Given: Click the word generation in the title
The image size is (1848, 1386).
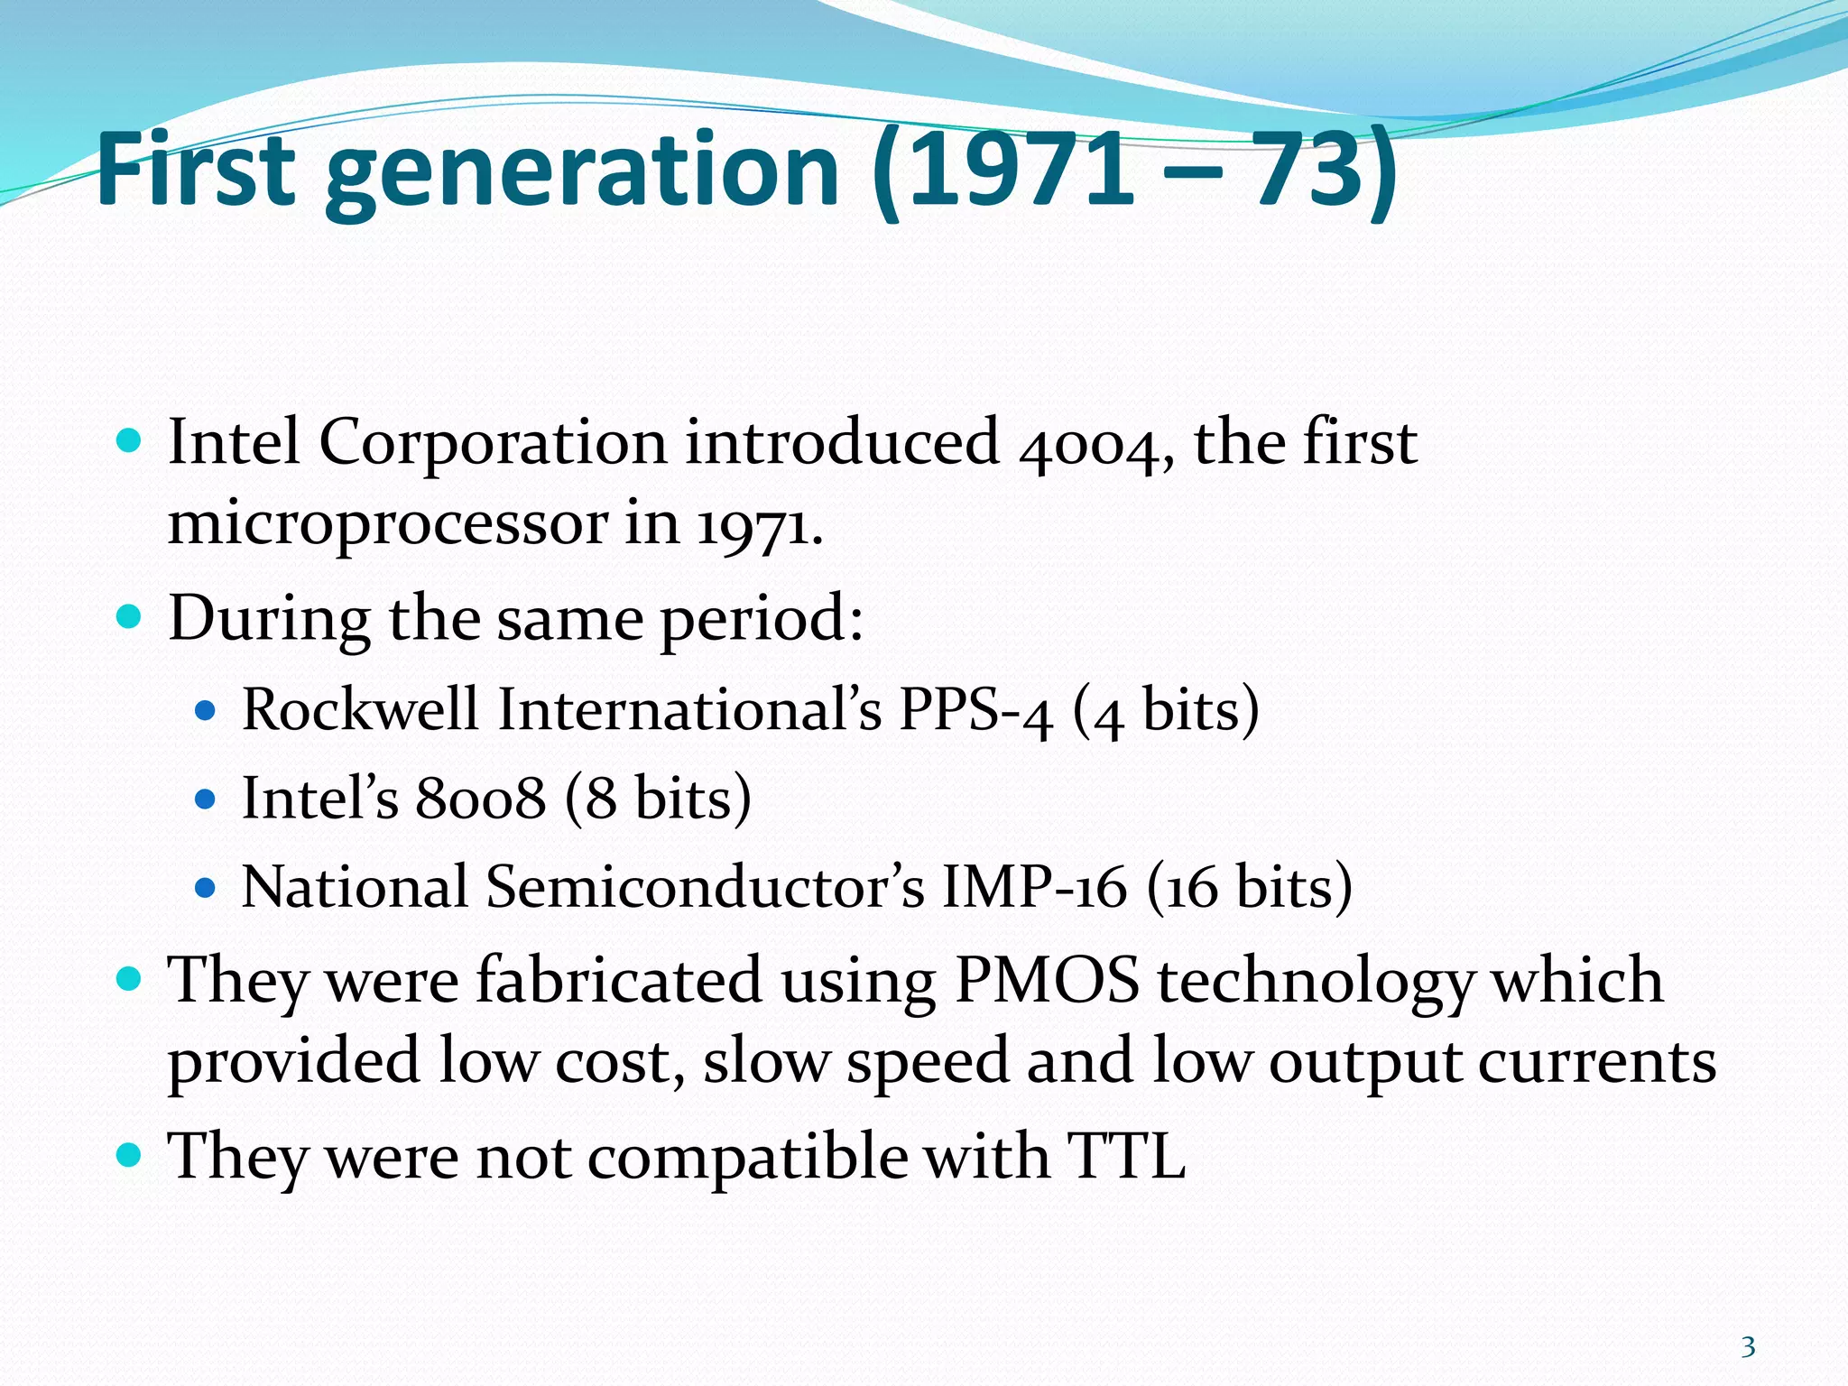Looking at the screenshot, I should pos(582,171).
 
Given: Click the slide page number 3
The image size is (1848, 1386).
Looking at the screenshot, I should pos(1748,1347).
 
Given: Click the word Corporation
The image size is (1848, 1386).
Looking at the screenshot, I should pos(493,443).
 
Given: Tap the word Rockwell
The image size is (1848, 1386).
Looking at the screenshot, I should pos(360,709).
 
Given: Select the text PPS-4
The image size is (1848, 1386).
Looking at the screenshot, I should pos(975,710).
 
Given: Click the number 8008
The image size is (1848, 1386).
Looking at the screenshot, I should pos(480,799).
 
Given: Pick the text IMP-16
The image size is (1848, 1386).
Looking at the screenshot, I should pos(1034,887).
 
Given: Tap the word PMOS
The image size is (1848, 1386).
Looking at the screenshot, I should pos(1047,981).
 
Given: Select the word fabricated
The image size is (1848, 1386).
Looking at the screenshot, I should pos(619,981).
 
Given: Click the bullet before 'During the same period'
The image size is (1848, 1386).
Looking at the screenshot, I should pos(130,618).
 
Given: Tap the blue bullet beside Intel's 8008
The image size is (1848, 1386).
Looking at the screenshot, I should pos(206,799).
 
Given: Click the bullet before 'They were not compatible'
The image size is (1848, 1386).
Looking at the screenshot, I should pos(130,1155).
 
